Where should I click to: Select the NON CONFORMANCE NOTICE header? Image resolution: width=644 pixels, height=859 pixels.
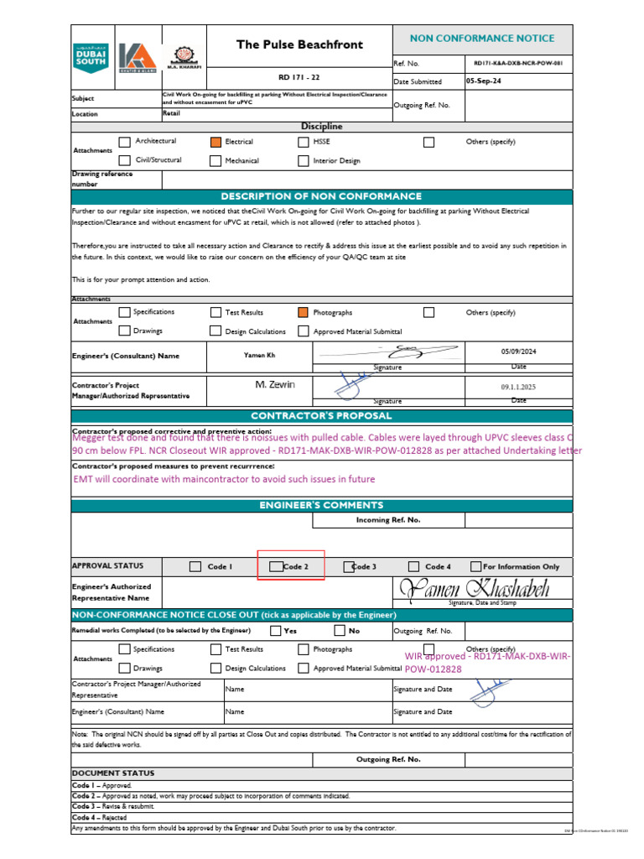pyautogui.click(x=482, y=39)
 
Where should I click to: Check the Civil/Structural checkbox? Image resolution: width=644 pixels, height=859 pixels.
pyautogui.click(x=125, y=159)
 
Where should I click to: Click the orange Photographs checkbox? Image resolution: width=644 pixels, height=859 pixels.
pyautogui.click(x=304, y=312)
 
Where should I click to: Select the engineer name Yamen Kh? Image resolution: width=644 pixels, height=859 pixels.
pyautogui.click(x=259, y=356)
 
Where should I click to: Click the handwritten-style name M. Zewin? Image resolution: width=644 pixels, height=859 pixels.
pyautogui.click(x=276, y=384)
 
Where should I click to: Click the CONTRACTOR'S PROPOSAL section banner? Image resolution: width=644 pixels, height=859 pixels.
pyautogui.click(x=322, y=415)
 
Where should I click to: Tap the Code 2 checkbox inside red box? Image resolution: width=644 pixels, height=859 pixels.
pyautogui.click(x=276, y=567)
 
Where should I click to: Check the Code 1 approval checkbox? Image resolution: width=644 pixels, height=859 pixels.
pyautogui.click(x=195, y=567)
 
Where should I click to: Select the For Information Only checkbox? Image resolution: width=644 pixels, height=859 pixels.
pyautogui.click(x=476, y=567)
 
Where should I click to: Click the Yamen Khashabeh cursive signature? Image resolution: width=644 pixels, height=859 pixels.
pyautogui.click(x=475, y=589)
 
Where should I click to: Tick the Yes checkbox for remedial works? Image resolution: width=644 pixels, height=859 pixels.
pyautogui.click(x=276, y=630)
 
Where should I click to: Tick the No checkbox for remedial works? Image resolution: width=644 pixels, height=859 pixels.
pyautogui.click(x=340, y=630)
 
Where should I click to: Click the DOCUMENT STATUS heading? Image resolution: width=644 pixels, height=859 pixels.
pyautogui.click(x=112, y=773)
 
